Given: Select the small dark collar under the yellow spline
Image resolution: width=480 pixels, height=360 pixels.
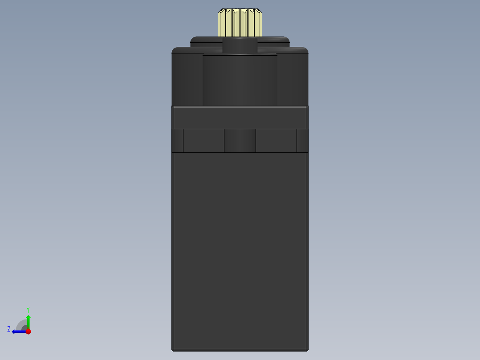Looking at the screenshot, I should point(240,45).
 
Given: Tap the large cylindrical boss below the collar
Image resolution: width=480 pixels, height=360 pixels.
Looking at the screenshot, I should point(240,80).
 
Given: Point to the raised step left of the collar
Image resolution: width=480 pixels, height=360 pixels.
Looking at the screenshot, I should point(206,42).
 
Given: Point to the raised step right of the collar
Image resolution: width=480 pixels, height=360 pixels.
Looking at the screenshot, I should point(274,42).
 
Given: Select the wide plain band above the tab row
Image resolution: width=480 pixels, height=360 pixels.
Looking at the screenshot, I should point(240,119).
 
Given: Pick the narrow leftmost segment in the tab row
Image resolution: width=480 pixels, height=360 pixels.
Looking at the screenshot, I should point(177,141).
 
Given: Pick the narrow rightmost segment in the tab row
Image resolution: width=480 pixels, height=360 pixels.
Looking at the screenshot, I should point(303,141).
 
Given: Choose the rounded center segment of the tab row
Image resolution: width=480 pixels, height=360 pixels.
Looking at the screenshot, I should point(240,141).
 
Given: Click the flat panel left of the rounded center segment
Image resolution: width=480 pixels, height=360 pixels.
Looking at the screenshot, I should point(203,141).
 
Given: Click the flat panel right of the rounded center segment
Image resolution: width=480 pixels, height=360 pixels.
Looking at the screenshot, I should point(276,141).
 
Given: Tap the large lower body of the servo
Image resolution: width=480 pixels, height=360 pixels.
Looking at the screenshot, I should point(240,250).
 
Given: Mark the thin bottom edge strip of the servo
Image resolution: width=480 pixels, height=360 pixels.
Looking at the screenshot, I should point(240,350).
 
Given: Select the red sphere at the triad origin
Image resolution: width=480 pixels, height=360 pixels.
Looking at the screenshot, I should point(28,331).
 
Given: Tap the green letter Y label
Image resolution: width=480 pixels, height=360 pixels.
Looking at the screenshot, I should point(28,310).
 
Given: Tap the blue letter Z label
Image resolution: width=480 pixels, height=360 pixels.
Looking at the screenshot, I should point(9,329).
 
